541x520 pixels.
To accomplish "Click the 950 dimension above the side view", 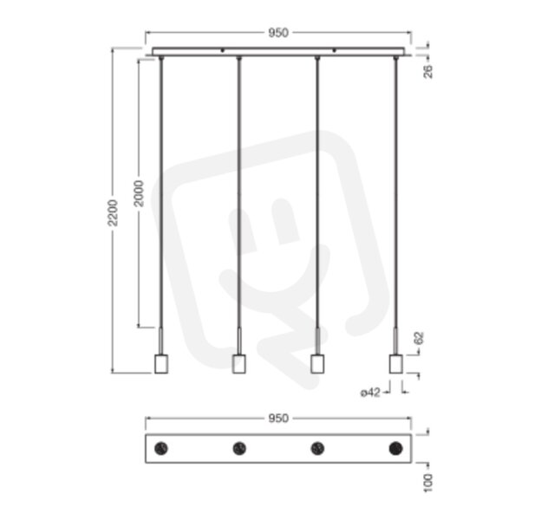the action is tap(278, 33).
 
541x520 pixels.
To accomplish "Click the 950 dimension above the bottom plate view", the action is tap(278, 419).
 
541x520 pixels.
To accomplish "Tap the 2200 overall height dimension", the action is tap(113, 212).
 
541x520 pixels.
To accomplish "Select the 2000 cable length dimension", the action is tap(139, 193).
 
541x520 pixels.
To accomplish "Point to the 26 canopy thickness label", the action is tap(427, 71).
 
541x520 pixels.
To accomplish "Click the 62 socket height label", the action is tap(419, 338).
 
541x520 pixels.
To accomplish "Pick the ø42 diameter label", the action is tap(370, 393).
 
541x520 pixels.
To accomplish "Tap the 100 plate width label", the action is tap(427, 483).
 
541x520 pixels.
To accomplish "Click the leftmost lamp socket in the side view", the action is tap(161, 364).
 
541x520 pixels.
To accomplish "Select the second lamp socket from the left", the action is tap(239, 364).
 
